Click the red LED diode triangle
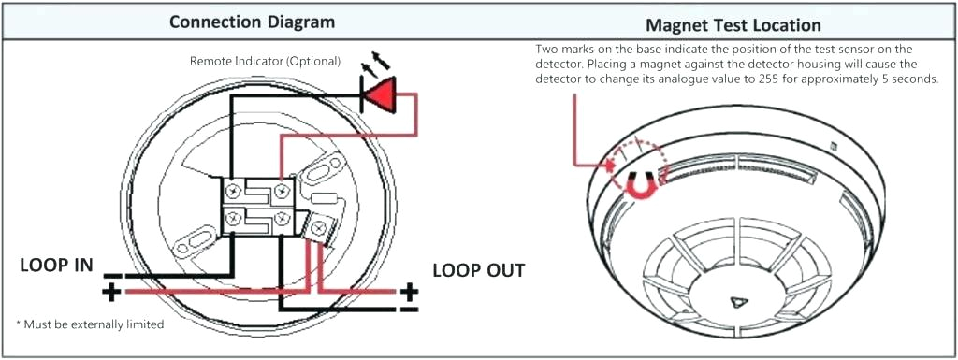click(381, 94)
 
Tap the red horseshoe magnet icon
click(640, 184)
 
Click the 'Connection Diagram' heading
click(252, 22)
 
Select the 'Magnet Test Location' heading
click(733, 25)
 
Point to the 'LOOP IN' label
click(57, 265)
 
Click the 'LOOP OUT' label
click(478, 270)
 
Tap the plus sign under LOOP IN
click(111, 293)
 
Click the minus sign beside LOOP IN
click(113, 275)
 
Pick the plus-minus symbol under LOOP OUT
click(410, 297)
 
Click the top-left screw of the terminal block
click(232, 191)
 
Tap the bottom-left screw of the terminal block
click(232, 219)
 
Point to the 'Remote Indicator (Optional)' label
click(265, 61)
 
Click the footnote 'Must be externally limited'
click(90, 324)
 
